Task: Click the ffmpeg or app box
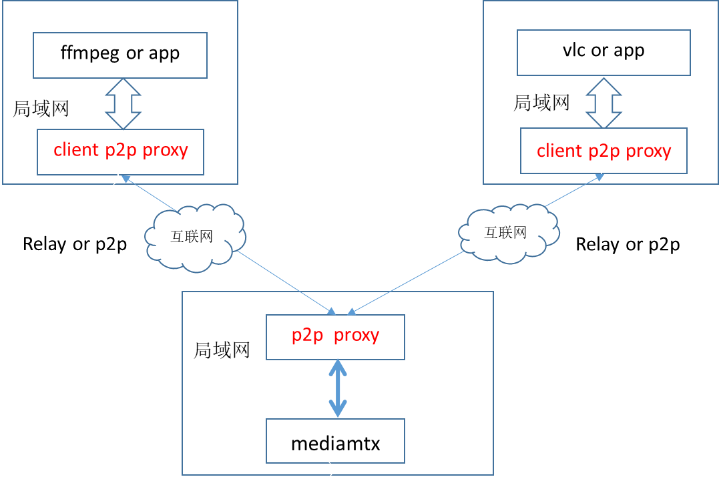120,54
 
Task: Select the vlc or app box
604,52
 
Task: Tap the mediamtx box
335,441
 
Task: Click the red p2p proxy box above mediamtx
335,336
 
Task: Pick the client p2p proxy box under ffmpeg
120,151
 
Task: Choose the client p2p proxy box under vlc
604,151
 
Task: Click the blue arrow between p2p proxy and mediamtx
338,390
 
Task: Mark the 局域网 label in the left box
41,109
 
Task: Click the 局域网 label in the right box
541,103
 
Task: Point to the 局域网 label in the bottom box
222,350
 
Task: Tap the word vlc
573,51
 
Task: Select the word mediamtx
335,443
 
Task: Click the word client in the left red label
76,150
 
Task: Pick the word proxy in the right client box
648,151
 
